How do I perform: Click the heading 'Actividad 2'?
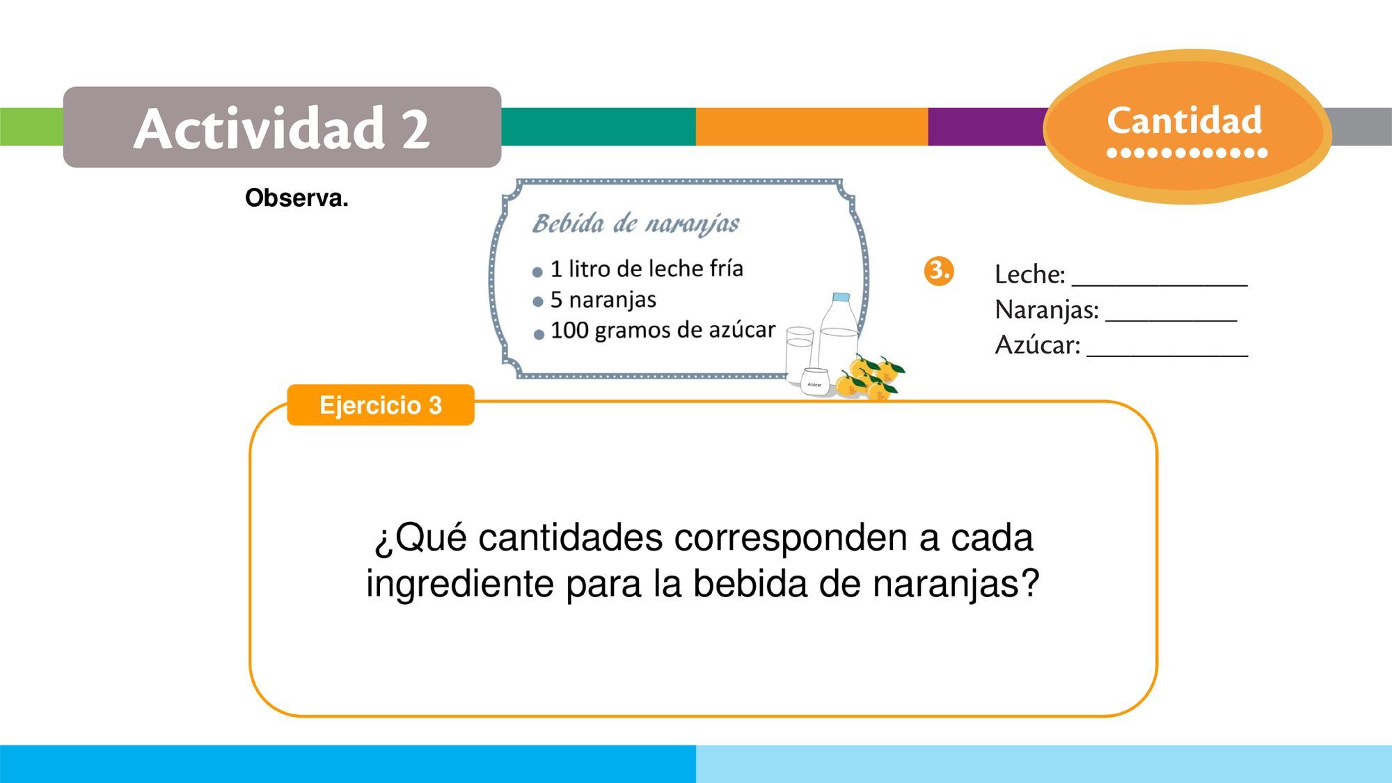pyautogui.click(x=282, y=128)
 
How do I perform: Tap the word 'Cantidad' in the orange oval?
pyautogui.click(x=1185, y=120)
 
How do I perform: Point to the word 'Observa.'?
pyautogui.click(x=296, y=198)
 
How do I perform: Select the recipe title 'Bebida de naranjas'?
pyautogui.click(x=635, y=223)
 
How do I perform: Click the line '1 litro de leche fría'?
pyautogui.click(x=647, y=268)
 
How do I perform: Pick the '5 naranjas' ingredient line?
pyautogui.click(x=603, y=299)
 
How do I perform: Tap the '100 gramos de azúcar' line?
pyautogui.click(x=663, y=330)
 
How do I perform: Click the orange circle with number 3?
pyautogui.click(x=939, y=271)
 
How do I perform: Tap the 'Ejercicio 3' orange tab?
pyautogui.click(x=381, y=405)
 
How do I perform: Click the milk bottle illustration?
pyautogui.click(x=839, y=333)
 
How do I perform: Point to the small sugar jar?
pyautogui.click(x=814, y=381)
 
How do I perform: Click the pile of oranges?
pyautogui.click(x=869, y=378)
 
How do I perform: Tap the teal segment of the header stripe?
pyautogui.click(x=599, y=127)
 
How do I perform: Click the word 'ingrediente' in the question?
pyautogui.click(x=460, y=583)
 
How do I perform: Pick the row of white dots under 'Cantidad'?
pyautogui.click(x=1187, y=152)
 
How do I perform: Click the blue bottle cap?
pyautogui.click(x=841, y=297)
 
